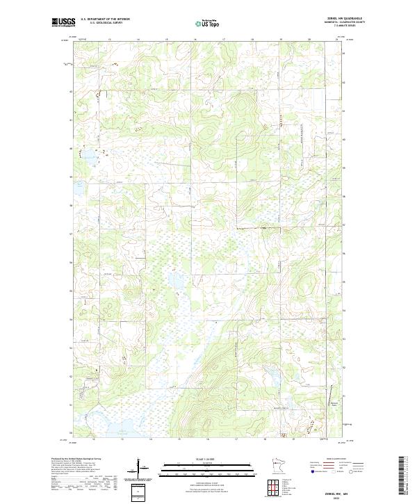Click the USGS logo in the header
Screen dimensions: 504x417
(x=63, y=22)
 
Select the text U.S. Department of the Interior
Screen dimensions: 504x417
(x=105, y=19)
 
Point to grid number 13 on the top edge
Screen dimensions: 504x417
(x=110, y=40)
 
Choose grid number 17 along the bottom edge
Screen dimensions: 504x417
(x=236, y=439)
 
